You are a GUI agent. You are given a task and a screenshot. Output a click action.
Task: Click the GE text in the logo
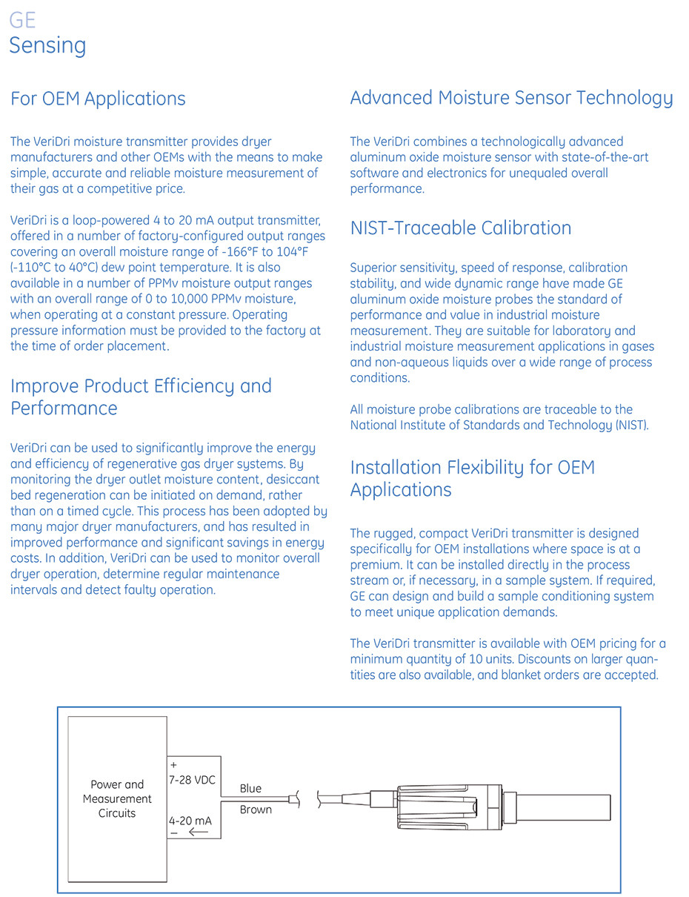coord(22,20)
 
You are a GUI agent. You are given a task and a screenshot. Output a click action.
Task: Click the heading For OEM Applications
coord(98,99)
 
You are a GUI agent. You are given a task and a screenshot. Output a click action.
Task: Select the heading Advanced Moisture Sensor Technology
coord(511,98)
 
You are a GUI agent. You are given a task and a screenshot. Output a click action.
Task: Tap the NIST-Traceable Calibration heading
coord(461,228)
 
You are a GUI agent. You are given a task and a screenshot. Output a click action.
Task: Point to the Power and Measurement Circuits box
coord(117,798)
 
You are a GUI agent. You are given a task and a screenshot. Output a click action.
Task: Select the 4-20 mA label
coord(190,821)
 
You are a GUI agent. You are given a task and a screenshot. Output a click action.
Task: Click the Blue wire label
coord(250,789)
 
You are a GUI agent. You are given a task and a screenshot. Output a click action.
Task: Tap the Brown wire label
coord(256,810)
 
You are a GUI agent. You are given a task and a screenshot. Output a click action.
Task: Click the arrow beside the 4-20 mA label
coord(198,833)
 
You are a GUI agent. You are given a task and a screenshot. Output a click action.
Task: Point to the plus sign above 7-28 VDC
coord(174,765)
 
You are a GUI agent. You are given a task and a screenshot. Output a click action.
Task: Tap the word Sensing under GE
coord(47,45)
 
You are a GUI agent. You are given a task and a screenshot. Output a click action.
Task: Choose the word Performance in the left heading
coord(64,408)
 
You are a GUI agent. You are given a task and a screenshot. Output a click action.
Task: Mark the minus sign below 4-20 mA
coord(174,833)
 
